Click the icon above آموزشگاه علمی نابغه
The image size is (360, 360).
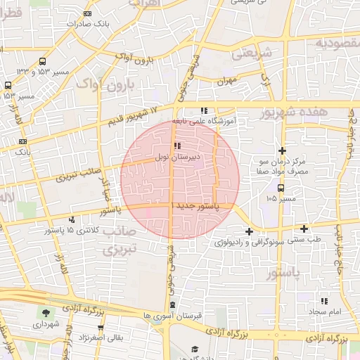click(x=204, y=110)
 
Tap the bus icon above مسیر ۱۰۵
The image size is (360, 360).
click(x=281, y=188)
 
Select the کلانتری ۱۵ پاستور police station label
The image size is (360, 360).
click(x=69, y=230)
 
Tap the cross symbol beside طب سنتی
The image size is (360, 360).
click(x=304, y=228)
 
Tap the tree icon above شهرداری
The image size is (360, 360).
click(x=46, y=313)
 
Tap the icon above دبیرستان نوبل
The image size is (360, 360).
click(x=176, y=146)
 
